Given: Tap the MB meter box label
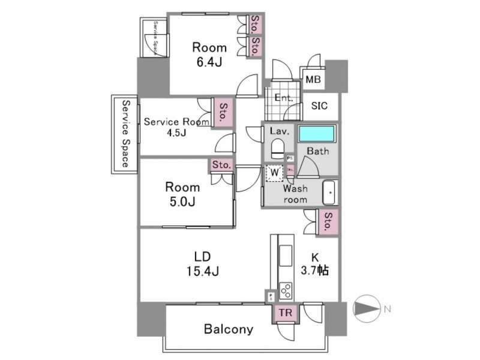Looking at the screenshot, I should pyautogui.click(x=313, y=79).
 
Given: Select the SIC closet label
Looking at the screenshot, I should pyautogui.click(x=319, y=106).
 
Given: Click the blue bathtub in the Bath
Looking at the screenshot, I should pyautogui.click(x=317, y=134).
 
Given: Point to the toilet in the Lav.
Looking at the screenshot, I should pyautogui.click(x=277, y=147).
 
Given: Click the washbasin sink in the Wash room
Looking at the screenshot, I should pyautogui.click(x=329, y=193).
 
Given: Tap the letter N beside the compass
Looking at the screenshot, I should pyautogui.click(x=387, y=310).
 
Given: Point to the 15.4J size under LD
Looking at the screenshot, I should pyautogui.click(x=201, y=271).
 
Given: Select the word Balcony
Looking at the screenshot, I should pyautogui.click(x=228, y=329).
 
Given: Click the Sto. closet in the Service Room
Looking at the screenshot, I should pyautogui.click(x=223, y=112).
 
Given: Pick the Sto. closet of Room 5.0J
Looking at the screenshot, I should pyautogui.click(x=221, y=164).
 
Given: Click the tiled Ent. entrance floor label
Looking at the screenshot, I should pyautogui.click(x=283, y=97).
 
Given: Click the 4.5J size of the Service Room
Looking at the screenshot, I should pyautogui.click(x=176, y=132).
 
